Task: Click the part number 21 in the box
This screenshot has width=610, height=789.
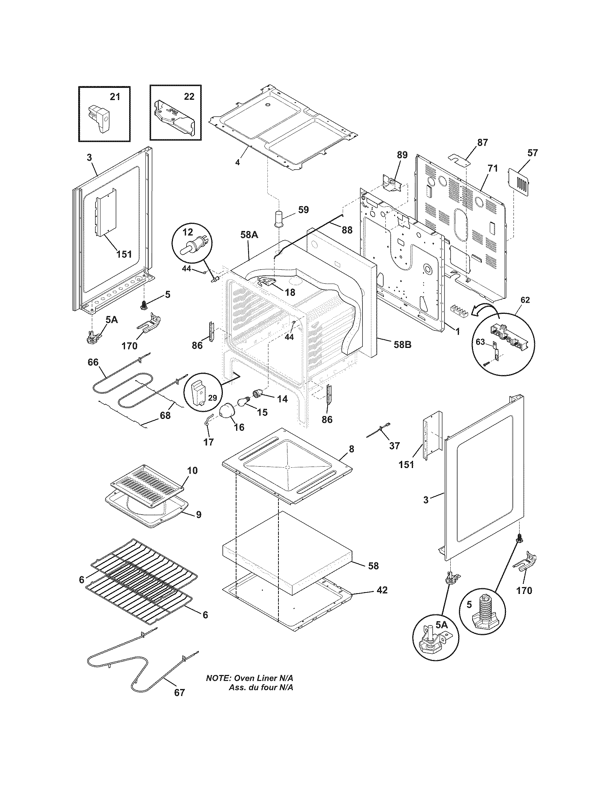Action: [115, 97]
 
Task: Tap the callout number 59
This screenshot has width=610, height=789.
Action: [304, 209]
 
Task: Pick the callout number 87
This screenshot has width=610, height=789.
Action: [482, 142]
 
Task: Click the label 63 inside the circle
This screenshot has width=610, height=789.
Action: [480, 342]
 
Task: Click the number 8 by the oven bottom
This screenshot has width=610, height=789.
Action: [351, 449]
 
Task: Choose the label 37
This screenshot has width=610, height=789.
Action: [395, 446]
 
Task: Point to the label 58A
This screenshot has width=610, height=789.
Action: [249, 235]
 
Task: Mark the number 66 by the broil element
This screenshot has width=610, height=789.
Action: [93, 362]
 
